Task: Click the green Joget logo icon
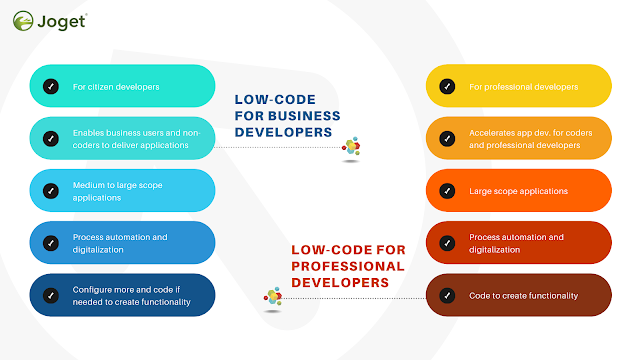[x=23, y=21]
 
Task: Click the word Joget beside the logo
[x=62, y=22]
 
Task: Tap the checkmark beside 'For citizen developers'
[x=51, y=87]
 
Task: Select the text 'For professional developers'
[x=523, y=87]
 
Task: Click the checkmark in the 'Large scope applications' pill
[x=447, y=191]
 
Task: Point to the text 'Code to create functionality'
[x=523, y=296]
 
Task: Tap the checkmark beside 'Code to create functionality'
[x=447, y=296]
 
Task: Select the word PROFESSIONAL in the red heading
[x=348, y=266]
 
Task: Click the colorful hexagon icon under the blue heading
[x=351, y=146]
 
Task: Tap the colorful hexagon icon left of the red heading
[x=273, y=296]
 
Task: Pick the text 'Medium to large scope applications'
[x=118, y=191]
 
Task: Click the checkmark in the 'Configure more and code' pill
[x=51, y=296]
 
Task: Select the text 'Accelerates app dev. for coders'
[x=531, y=133]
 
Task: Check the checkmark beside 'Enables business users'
[x=51, y=139]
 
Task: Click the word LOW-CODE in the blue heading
[x=275, y=100]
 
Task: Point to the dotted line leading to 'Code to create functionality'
[x=353, y=298]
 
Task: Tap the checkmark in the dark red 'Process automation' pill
[x=447, y=243]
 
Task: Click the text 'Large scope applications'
[x=518, y=191]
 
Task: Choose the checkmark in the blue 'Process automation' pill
[x=51, y=243]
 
